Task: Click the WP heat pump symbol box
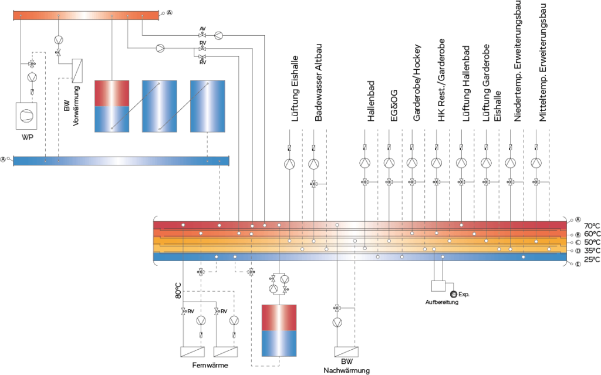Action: tap(26, 116)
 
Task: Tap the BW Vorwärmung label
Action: tap(72, 106)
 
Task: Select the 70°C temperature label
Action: tap(592, 226)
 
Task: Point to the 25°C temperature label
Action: tap(592, 260)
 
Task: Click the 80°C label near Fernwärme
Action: tap(178, 290)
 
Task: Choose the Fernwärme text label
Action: tap(210, 365)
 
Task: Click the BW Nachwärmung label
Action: tap(346, 366)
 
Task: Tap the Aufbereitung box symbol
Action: tap(438, 286)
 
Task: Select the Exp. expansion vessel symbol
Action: tap(454, 295)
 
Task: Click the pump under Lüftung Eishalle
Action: tap(289, 164)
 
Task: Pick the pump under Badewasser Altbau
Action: tap(313, 164)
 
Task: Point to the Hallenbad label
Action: tap(371, 101)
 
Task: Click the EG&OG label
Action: tap(394, 106)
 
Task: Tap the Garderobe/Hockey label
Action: tap(417, 83)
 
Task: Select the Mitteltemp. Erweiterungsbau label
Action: tap(543, 61)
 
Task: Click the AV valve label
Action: tap(202, 29)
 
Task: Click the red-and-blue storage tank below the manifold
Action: tap(279, 330)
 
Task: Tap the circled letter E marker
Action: tap(578, 264)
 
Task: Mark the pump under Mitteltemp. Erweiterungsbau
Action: tap(536, 163)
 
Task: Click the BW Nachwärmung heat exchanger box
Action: tap(346, 352)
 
